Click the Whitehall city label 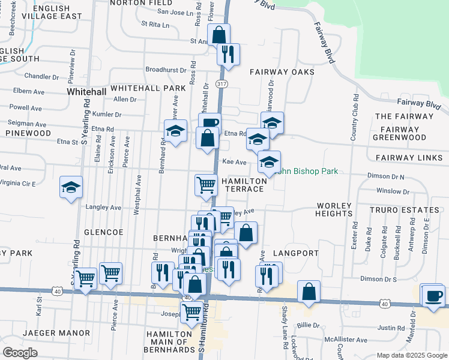click(86, 92)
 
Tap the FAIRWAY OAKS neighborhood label click(282, 72)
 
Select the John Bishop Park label click(307, 172)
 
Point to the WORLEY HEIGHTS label click(333, 209)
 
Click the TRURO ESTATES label click(404, 210)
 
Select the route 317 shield click(222, 84)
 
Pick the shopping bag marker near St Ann click(218, 34)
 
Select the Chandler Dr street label click(41, 77)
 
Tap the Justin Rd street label click(391, 328)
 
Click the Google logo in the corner click(20, 353)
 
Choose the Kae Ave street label click(234, 162)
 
